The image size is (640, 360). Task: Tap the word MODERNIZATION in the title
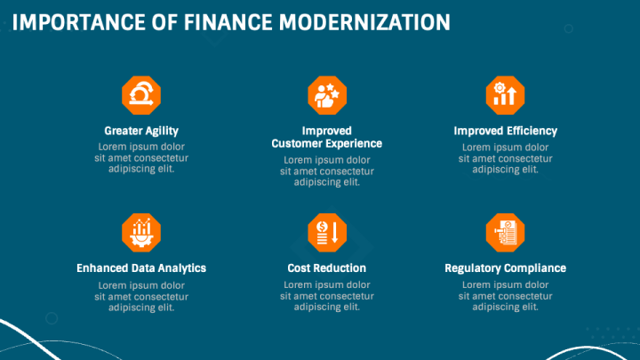tap(364, 22)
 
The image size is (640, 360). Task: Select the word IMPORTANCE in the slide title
tap(79, 22)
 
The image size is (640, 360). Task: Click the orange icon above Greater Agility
tap(141, 95)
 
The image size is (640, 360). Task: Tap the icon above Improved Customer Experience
tap(327, 95)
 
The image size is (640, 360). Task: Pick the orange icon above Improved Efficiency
tap(505, 95)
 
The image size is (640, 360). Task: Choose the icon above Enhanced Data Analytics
tap(141, 233)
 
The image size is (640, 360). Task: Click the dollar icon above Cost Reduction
tap(327, 233)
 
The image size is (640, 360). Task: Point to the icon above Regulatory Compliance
tap(505, 233)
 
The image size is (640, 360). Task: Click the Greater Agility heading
tap(141, 131)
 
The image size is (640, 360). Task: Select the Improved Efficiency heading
tap(505, 131)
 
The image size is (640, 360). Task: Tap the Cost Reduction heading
tap(327, 268)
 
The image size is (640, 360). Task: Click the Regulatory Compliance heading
tap(505, 268)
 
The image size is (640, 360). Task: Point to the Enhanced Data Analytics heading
tap(141, 268)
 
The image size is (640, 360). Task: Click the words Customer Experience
tap(327, 144)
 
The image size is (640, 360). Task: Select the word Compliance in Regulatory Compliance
tap(536, 268)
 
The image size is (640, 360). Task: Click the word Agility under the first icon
tap(161, 132)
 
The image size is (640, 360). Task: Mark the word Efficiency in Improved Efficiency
tap(531, 131)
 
